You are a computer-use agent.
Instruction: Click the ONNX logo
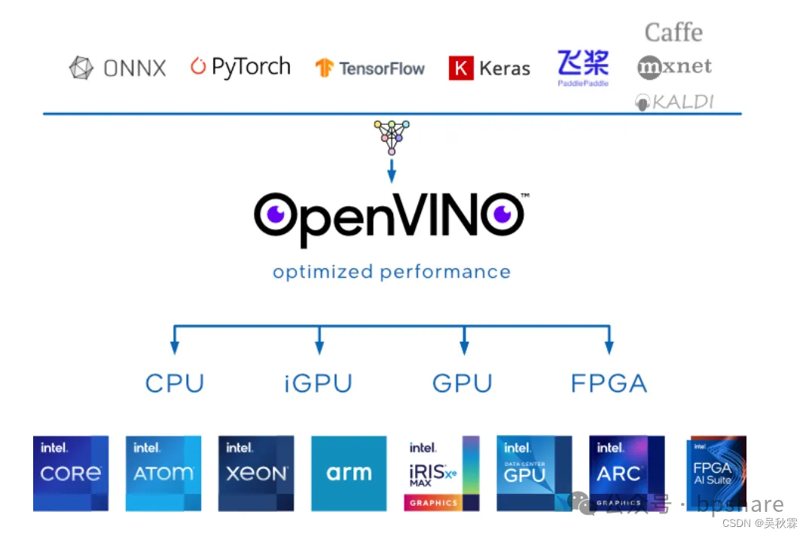tap(118, 69)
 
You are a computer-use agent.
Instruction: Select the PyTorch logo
tap(240, 67)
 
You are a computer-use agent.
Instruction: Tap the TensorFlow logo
tap(370, 69)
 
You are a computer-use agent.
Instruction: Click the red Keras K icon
tap(461, 69)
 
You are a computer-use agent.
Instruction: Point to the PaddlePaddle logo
tap(583, 67)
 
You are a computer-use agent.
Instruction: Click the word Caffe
tap(673, 32)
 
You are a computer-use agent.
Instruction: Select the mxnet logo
tap(674, 67)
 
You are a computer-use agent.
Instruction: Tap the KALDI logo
tap(673, 102)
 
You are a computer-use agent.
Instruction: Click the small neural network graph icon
tap(392, 136)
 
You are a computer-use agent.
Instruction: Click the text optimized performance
tap(392, 272)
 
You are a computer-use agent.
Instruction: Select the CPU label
tap(175, 383)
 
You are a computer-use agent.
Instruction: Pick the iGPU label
tap(319, 383)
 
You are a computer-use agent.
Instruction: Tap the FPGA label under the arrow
tap(609, 383)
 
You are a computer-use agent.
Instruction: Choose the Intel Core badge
tap(71, 474)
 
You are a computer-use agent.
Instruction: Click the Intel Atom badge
tap(163, 474)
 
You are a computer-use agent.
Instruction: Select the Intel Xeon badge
tap(256, 474)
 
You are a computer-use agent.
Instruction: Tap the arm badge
tap(349, 474)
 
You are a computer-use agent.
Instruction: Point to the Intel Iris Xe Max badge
tap(441, 474)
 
